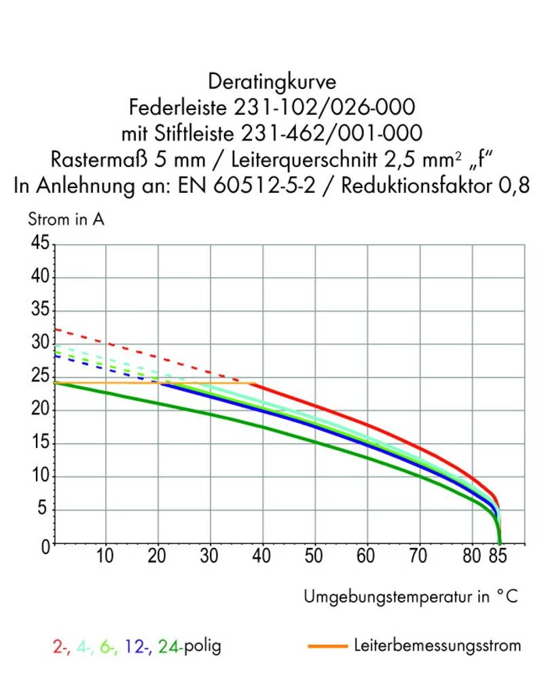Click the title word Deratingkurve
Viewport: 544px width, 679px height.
(272, 82)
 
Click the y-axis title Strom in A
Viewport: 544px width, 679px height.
(66, 219)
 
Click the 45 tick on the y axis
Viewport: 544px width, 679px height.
(39, 244)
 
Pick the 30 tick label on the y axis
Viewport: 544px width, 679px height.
(39, 344)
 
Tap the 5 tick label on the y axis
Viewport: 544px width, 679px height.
(44, 511)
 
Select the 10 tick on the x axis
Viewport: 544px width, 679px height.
(105, 557)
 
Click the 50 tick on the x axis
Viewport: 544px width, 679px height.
(314, 557)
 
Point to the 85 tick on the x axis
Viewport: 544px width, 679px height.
(500, 557)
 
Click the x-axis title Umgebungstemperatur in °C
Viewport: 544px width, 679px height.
(410, 597)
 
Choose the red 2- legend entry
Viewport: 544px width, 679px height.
(59, 646)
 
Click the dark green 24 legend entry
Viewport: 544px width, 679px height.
(168, 646)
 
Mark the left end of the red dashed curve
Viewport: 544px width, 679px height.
(56, 329)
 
